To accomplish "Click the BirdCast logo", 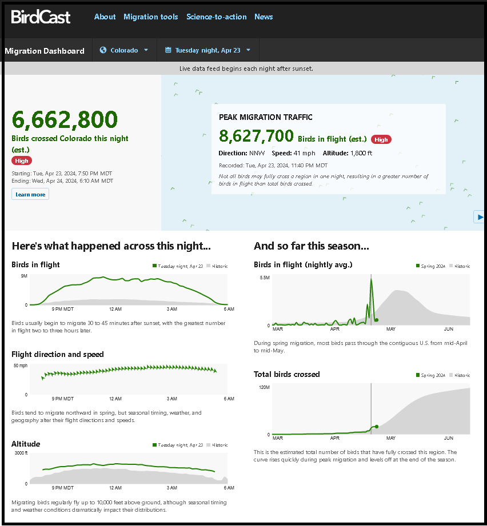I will tap(41, 17).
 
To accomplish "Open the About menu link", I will tap(105, 17).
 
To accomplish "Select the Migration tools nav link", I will tap(151, 17).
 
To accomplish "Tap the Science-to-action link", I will tap(217, 17).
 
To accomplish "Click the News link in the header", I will tap(264, 17).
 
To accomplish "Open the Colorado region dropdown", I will tap(124, 50).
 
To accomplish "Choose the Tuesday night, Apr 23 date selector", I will tap(208, 50).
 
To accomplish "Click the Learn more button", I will tap(30, 194).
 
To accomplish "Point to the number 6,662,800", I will tap(65, 119).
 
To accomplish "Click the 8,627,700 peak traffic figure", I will tap(256, 135).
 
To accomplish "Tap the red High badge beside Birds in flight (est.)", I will tap(381, 139).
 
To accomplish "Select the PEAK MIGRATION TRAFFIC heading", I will tap(266, 117).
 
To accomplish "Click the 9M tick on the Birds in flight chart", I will tap(24, 276).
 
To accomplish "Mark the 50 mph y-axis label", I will tap(20, 366).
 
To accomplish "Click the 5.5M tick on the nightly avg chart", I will tap(265, 278).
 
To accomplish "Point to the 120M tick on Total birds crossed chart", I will tap(264, 387).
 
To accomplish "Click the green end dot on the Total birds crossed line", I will tap(376, 426).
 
